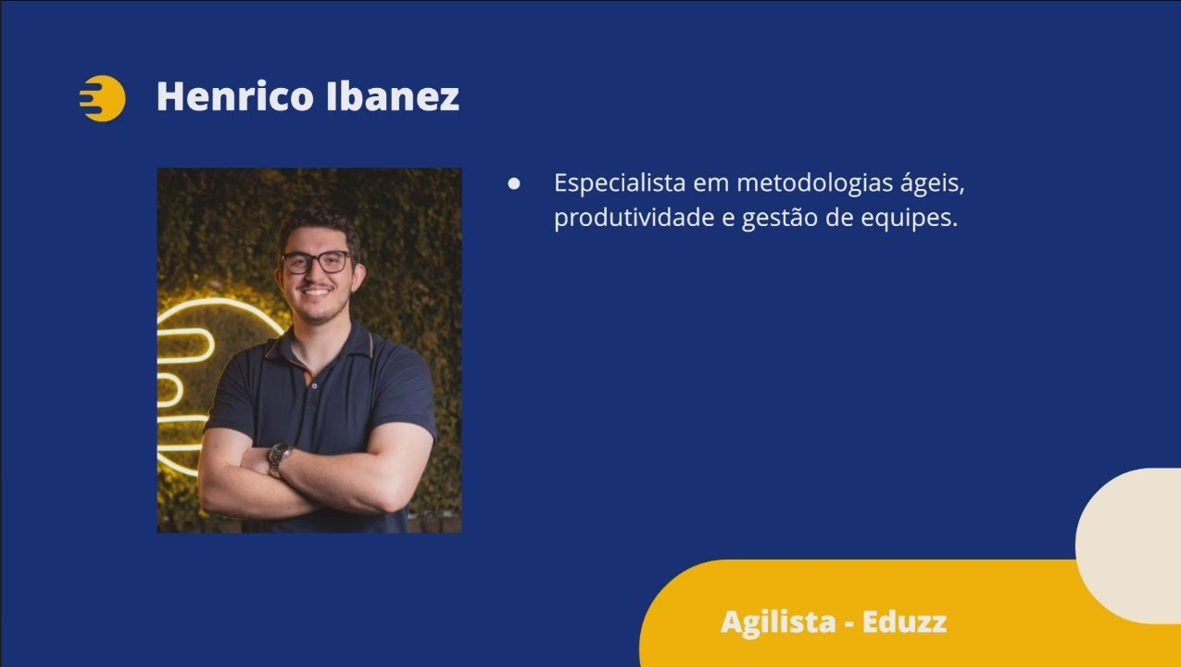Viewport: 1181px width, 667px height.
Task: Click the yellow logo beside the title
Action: click(x=103, y=98)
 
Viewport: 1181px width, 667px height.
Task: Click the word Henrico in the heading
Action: click(x=235, y=96)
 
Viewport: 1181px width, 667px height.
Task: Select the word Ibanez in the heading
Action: click(x=393, y=96)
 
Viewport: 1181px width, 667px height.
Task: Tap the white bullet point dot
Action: click(x=514, y=183)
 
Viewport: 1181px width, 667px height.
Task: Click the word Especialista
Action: click(x=620, y=183)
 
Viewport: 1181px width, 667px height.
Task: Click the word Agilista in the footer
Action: click(x=778, y=623)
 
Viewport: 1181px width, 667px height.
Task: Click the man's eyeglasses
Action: click(x=317, y=261)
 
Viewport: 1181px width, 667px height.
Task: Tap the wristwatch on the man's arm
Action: click(x=279, y=458)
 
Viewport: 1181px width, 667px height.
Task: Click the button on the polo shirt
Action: click(x=314, y=386)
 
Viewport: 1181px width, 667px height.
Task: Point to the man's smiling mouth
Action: click(x=316, y=291)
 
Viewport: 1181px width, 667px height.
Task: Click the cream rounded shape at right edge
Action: click(x=1129, y=546)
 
